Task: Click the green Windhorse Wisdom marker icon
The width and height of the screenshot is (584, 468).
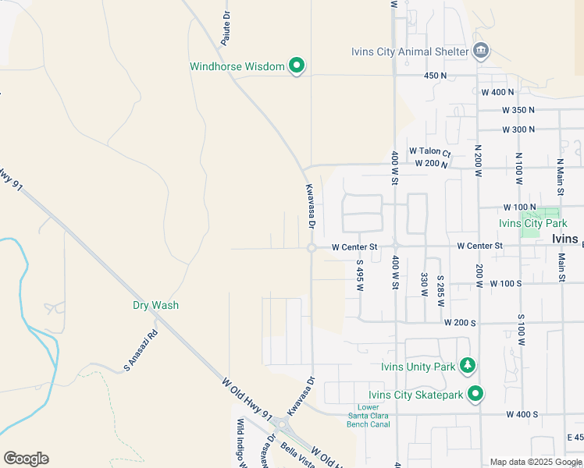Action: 296,66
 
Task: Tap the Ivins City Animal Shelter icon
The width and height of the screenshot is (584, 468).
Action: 482,52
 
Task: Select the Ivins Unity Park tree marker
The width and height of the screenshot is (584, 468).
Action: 468,365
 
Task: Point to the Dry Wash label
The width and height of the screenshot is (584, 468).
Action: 155,305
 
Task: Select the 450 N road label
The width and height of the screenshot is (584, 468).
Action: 435,76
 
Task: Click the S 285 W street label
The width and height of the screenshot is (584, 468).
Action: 440,288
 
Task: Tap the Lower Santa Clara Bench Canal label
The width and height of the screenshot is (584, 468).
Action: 373,417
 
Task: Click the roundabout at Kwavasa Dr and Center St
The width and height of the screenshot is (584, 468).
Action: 311,248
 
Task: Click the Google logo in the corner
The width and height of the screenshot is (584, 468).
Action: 26,458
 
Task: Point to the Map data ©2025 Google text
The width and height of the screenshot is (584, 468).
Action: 535,462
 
